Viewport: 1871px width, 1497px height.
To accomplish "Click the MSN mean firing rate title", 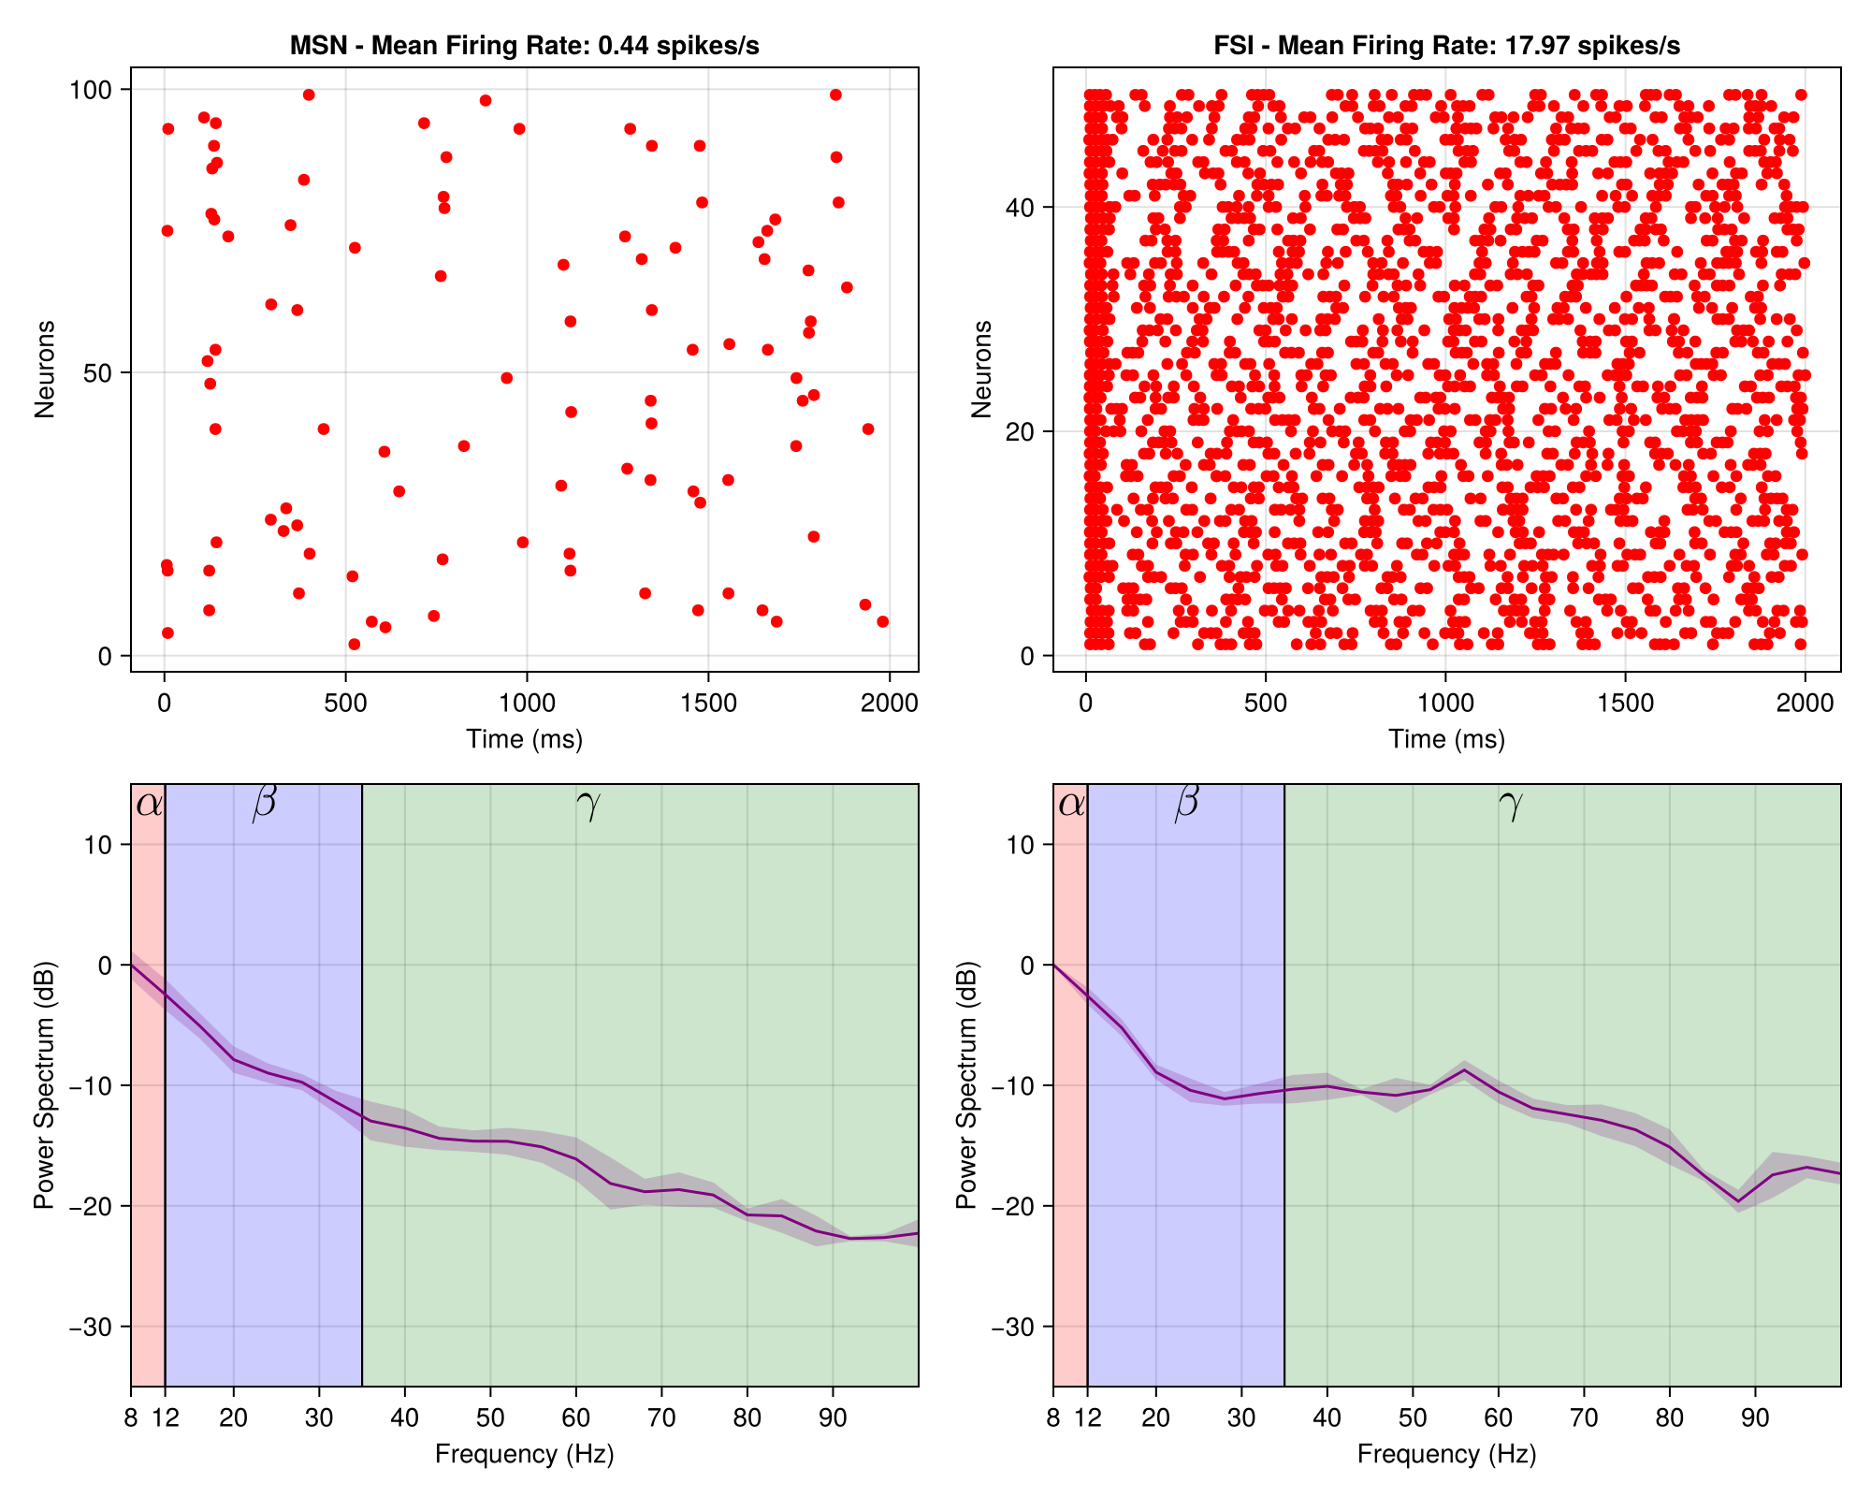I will [x=524, y=46].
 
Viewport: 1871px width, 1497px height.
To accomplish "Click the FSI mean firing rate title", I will [x=1446, y=46].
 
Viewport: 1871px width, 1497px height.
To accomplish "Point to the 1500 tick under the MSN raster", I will [x=708, y=704].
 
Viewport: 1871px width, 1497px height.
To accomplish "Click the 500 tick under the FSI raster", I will [x=1265, y=704].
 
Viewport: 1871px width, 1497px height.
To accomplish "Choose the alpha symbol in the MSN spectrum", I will [x=149, y=805].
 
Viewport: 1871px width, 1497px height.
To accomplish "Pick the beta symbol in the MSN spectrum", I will [x=265, y=803].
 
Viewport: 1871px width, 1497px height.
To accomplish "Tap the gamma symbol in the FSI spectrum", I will [x=1510, y=805].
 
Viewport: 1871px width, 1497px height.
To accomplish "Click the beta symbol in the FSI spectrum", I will [x=1186, y=803].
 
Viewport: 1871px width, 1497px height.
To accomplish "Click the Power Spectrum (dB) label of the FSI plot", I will [x=967, y=1085].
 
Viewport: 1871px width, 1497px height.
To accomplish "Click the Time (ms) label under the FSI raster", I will [x=1446, y=739].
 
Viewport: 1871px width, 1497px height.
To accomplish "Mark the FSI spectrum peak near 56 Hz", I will [x=1465, y=1070].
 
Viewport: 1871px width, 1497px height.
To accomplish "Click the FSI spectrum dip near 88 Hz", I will [x=1738, y=1201].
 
